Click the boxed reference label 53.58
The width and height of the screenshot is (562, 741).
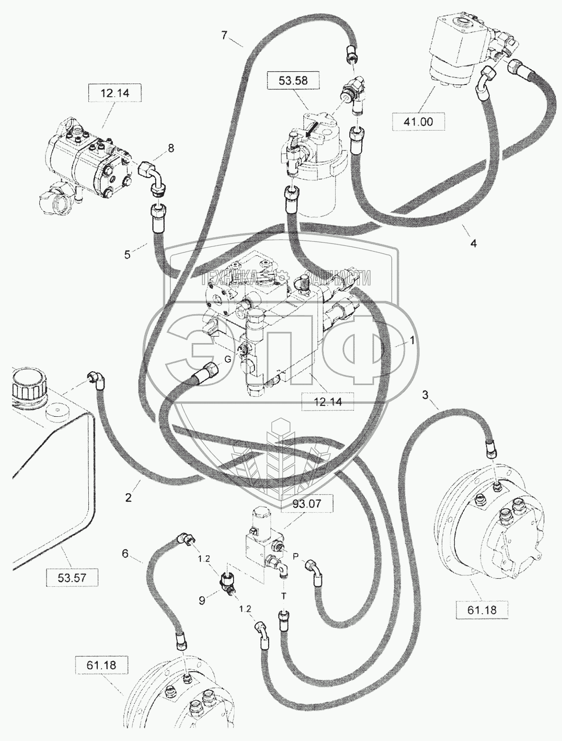(294, 81)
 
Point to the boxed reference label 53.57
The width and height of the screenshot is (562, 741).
(71, 577)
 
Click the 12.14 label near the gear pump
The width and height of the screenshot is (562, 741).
(114, 94)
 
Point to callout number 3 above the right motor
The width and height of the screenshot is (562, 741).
(425, 394)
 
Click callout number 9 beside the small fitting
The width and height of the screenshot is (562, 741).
(202, 600)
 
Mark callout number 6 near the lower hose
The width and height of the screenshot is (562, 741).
(125, 553)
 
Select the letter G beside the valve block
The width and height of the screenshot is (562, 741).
(227, 359)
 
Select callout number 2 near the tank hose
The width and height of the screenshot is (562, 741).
(128, 497)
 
